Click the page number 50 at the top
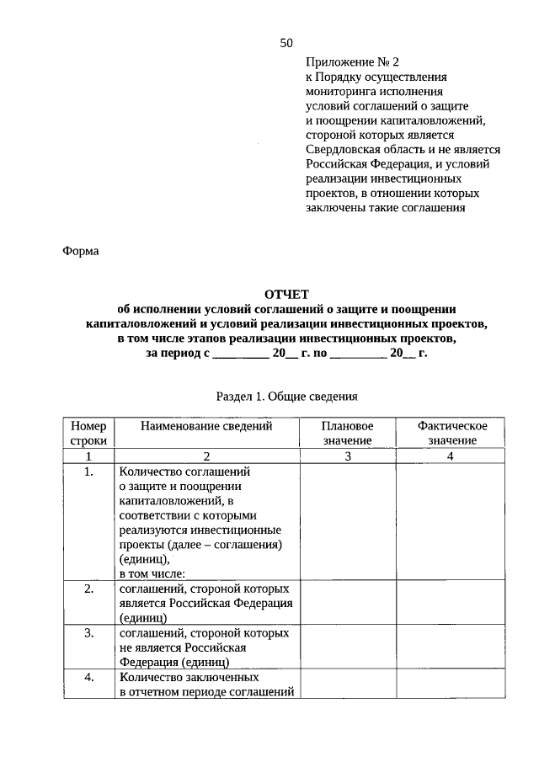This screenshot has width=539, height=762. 286,43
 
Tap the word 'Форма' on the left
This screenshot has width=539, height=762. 81,250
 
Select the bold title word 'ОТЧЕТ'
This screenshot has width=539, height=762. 287,294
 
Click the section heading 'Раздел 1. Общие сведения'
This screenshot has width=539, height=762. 287,395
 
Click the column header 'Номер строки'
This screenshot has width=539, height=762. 88,433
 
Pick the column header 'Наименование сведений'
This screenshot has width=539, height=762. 206,426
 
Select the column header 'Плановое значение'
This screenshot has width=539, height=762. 347,433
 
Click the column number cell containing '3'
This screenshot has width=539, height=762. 347,456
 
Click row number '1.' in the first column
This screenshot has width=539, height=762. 88,472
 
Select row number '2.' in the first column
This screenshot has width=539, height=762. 88,589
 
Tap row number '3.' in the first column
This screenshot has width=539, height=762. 88,632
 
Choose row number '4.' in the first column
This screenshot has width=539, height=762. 88,677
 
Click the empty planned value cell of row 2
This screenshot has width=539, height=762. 347,602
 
